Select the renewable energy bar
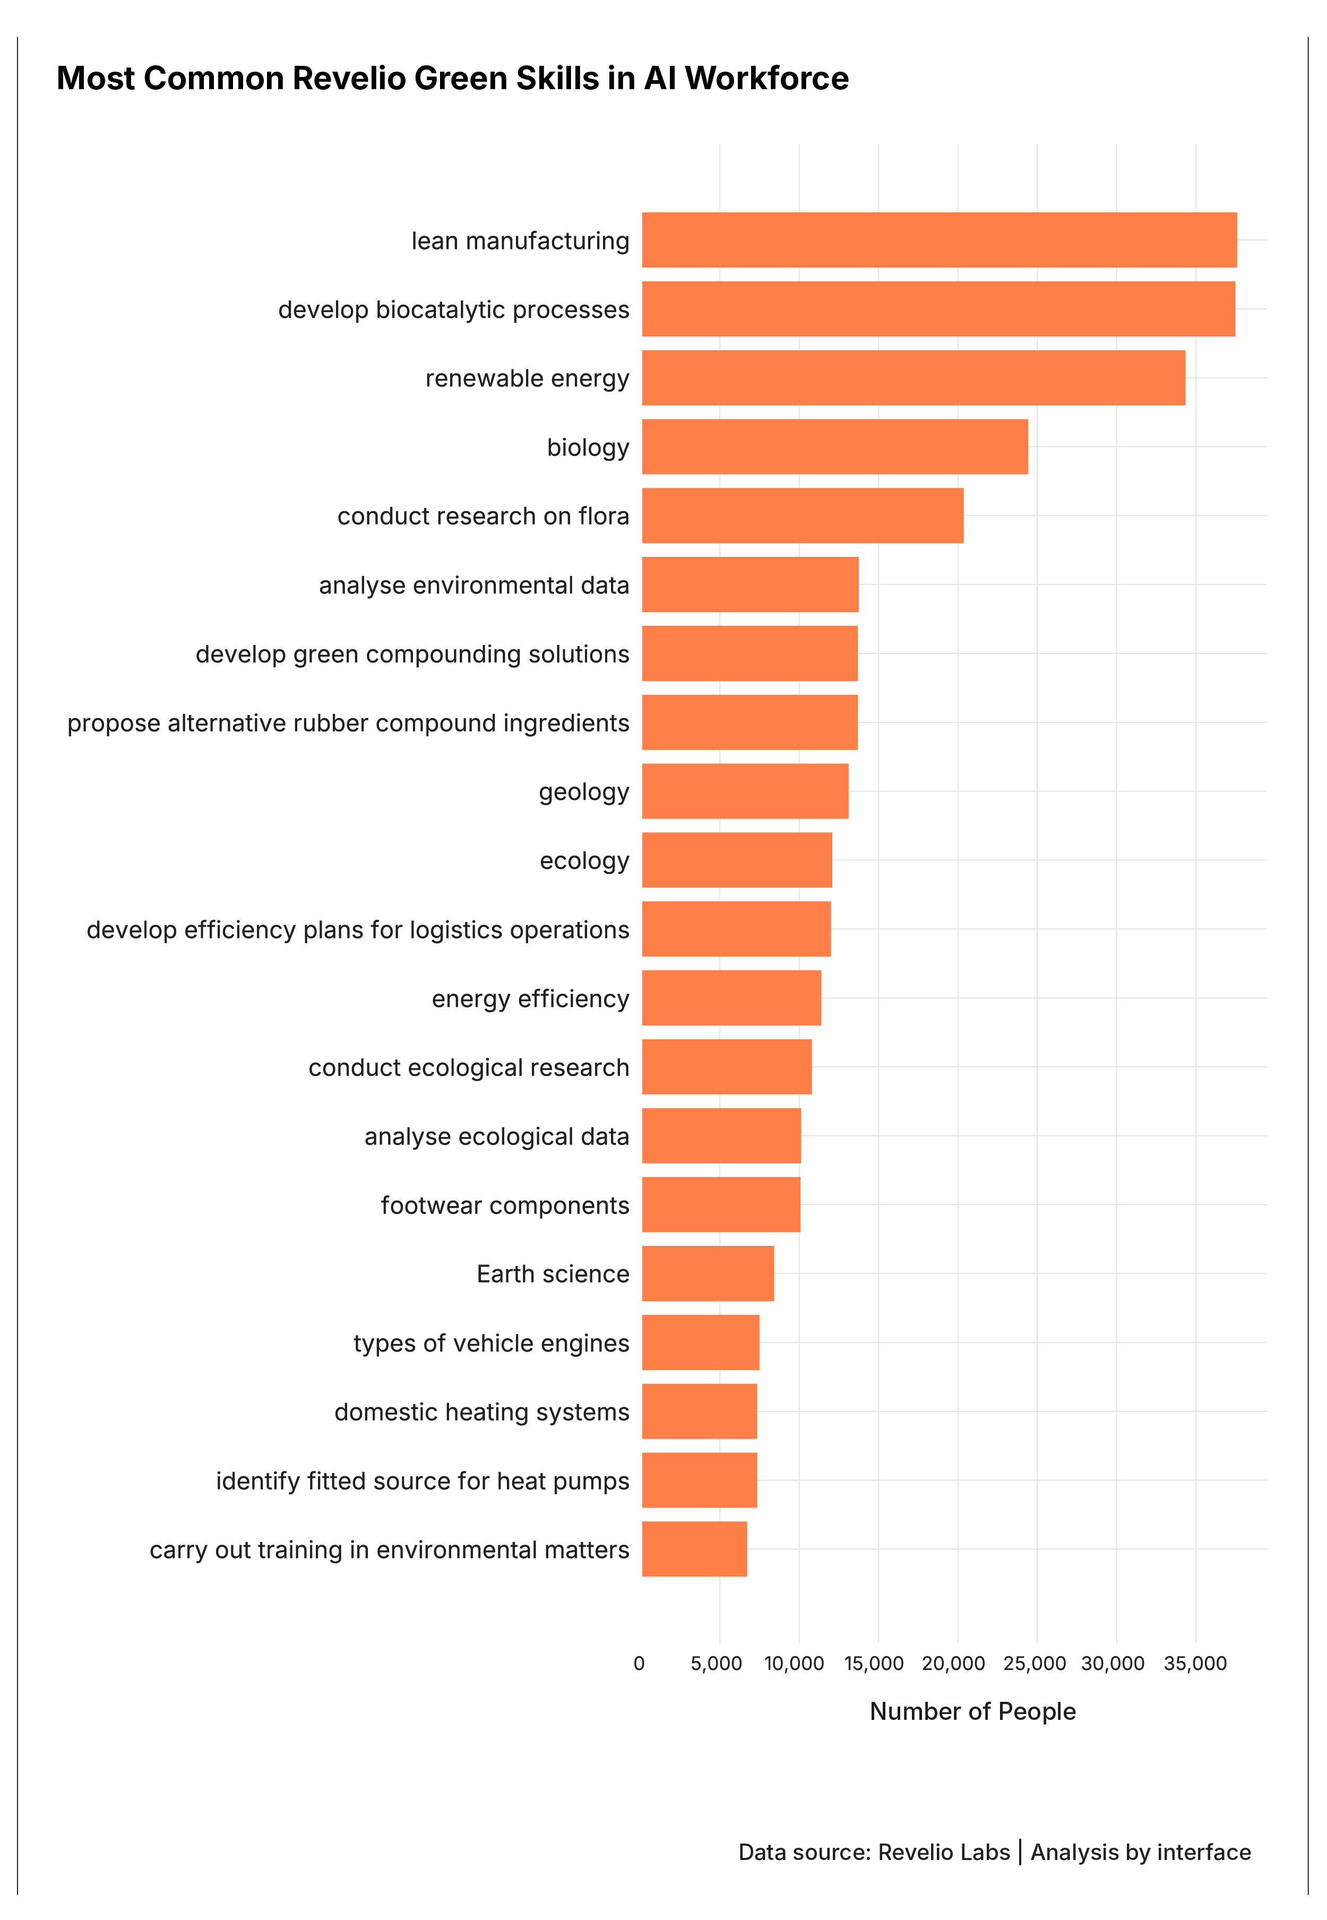tap(913, 378)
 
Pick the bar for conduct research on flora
tap(803, 515)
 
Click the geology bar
tap(745, 791)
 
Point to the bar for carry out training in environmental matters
tap(694, 1549)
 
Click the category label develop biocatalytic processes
tap(453, 310)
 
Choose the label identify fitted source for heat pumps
tap(423, 1481)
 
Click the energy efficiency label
tap(530, 998)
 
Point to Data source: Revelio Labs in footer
tap(873, 1852)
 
